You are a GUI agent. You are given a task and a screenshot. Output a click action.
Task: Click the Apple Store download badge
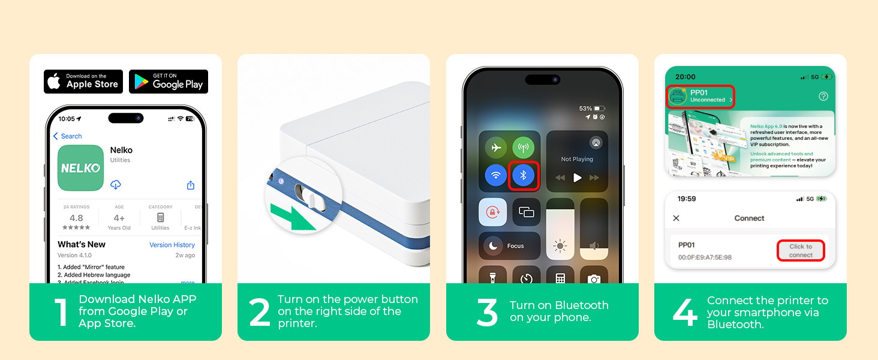point(83,82)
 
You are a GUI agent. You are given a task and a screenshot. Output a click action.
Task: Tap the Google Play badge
point(169,82)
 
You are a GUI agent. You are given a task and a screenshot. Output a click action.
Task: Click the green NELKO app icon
point(80,169)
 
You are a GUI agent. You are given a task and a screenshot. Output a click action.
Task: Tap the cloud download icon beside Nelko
point(116,185)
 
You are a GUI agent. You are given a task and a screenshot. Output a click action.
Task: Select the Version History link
point(172,245)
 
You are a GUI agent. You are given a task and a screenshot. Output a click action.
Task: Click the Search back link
point(68,136)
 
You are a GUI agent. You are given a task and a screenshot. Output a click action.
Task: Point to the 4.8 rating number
point(76,218)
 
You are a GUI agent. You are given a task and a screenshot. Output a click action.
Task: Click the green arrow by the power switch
point(293,217)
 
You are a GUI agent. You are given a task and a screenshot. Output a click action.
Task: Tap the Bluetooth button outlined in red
point(523,176)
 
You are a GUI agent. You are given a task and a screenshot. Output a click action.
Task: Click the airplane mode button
point(496,148)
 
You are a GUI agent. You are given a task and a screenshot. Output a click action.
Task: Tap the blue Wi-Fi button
point(496,176)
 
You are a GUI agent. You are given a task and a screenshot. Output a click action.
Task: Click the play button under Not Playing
point(577,178)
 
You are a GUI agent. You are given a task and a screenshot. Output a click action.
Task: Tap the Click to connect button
point(801,251)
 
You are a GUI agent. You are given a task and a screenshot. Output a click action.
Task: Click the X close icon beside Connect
point(676,218)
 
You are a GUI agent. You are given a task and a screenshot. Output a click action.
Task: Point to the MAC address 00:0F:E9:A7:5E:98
point(705,257)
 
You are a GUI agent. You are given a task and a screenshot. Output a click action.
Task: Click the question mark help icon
point(823,96)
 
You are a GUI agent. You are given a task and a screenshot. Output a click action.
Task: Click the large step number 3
point(487,313)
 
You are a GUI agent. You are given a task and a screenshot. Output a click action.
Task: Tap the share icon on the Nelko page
point(191,185)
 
